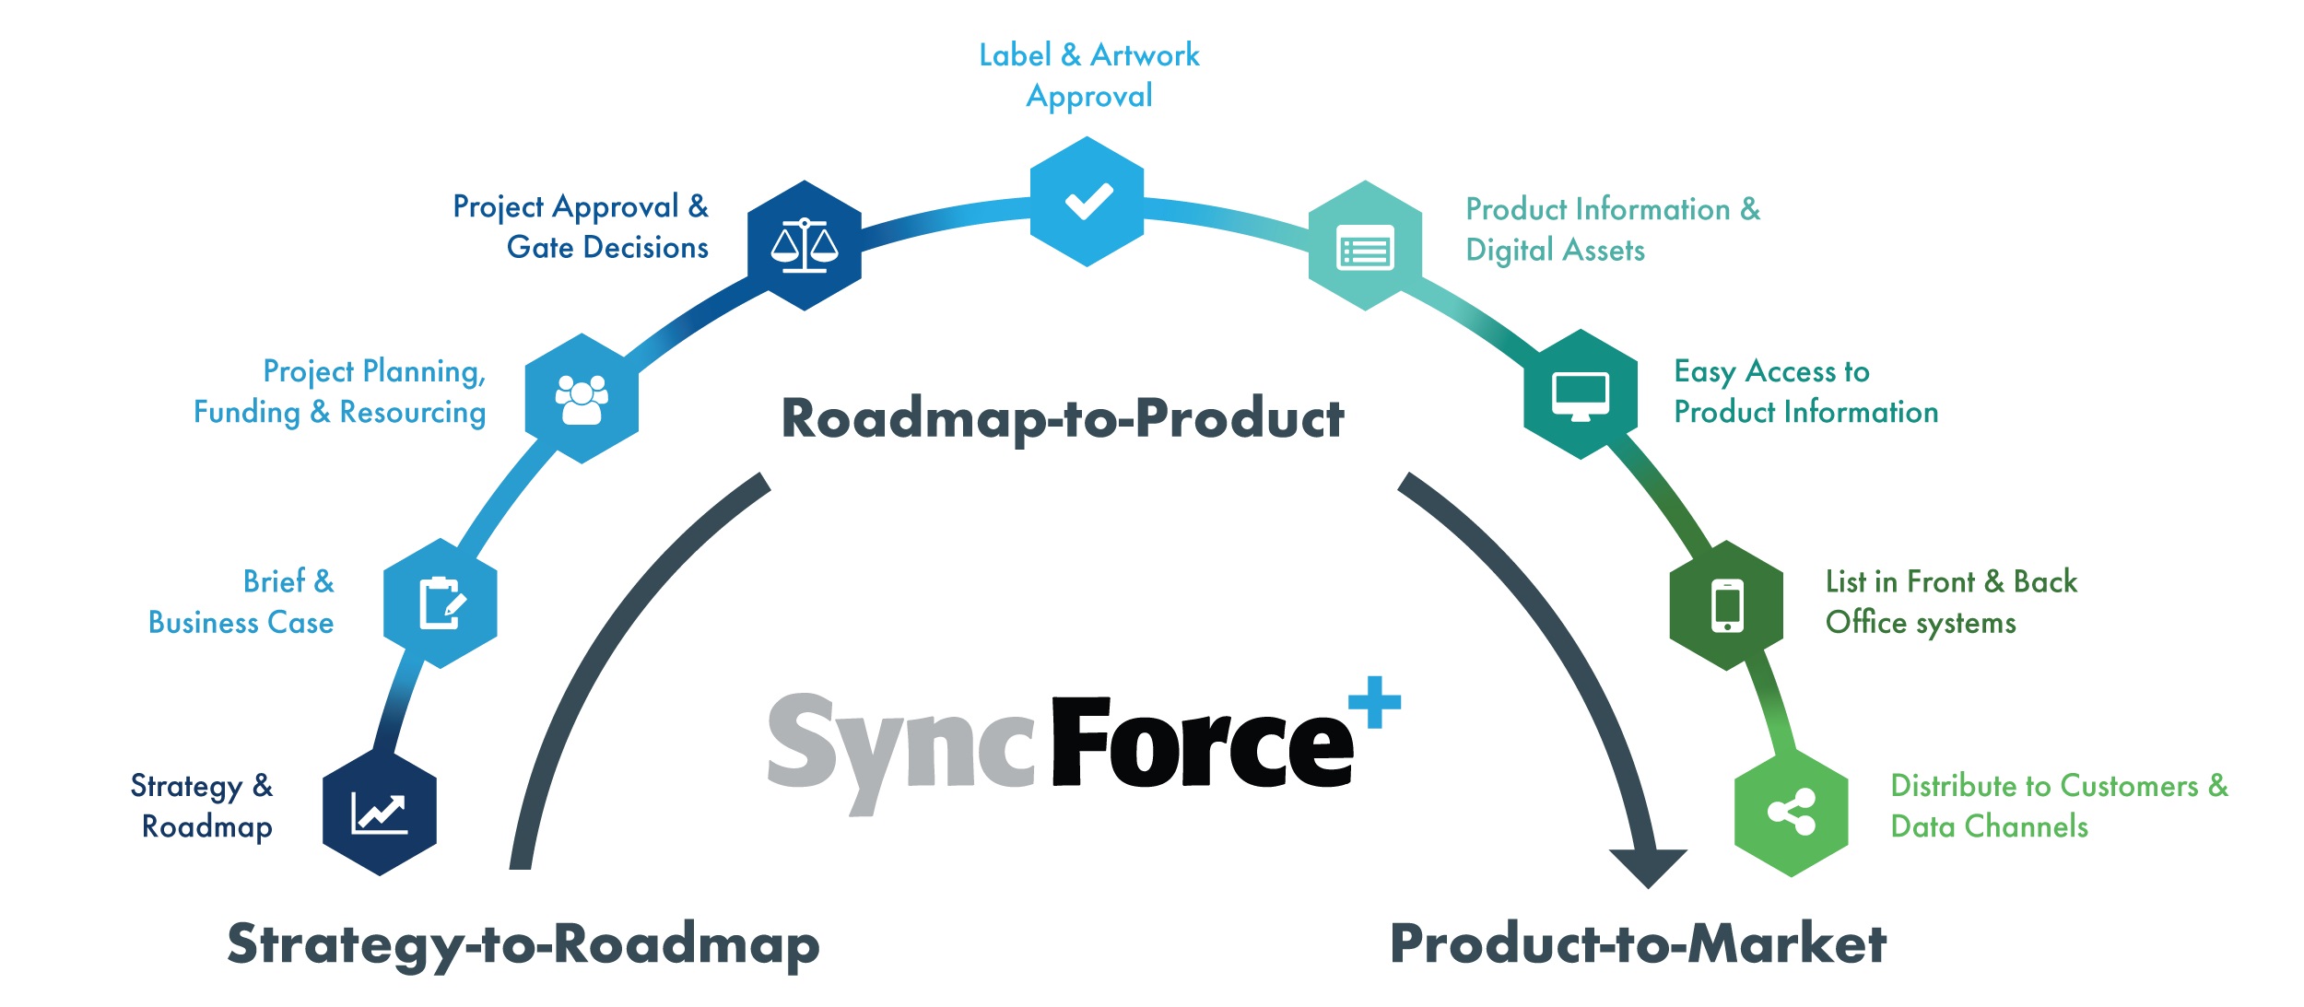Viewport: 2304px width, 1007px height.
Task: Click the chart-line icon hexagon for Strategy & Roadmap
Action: tap(379, 813)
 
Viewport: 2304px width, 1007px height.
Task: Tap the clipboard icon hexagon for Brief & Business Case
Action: tap(440, 603)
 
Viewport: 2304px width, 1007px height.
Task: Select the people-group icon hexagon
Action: tap(582, 399)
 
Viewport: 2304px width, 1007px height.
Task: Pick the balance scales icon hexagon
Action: tap(804, 246)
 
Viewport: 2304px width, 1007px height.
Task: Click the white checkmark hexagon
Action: tap(1087, 202)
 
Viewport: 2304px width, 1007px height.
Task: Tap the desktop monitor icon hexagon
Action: tap(1581, 394)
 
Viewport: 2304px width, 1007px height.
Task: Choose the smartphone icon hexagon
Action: tap(1726, 605)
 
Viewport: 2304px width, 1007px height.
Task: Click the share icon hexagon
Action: tap(1791, 813)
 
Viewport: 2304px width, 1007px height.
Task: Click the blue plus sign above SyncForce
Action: tap(1374, 702)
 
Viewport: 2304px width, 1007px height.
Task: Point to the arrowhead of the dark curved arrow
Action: tap(1648, 866)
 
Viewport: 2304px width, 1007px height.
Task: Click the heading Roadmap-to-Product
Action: tap(1062, 418)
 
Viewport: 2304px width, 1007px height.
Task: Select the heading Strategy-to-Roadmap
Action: tap(523, 944)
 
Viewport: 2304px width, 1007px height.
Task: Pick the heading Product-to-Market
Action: tap(1638, 944)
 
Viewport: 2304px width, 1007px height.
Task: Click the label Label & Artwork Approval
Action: tap(1088, 76)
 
